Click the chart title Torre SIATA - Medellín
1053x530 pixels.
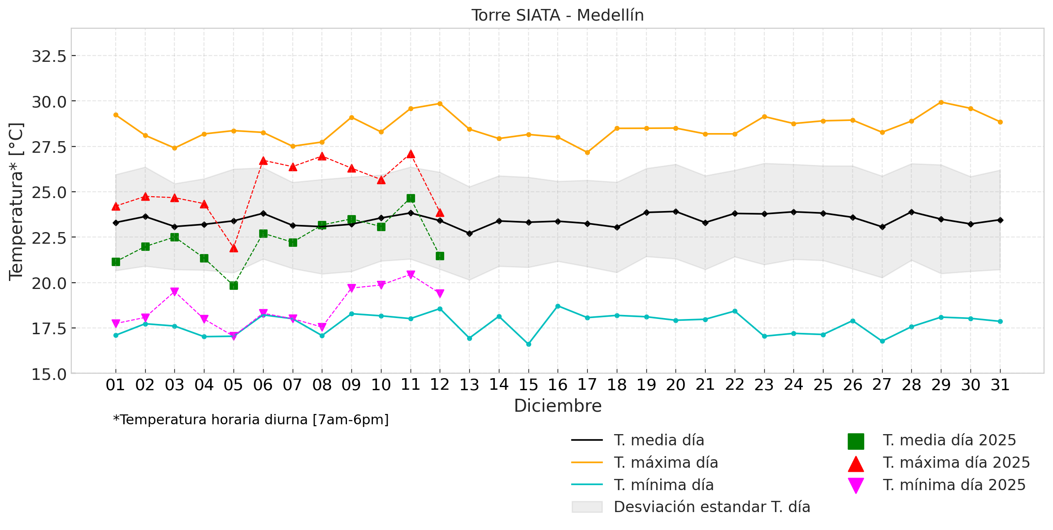(557, 15)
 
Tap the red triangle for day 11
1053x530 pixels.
(411, 154)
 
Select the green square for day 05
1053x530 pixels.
(234, 285)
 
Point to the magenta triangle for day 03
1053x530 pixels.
(175, 292)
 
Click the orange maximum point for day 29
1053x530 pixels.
(941, 102)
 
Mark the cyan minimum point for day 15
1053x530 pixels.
(529, 344)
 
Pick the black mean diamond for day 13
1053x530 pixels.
(469, 233)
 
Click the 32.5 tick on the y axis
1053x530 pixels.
(49, 56)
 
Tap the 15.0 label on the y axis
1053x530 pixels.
(49, 374)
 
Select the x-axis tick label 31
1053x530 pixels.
(1000, 385)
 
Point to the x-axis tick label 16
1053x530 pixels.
(558, 385)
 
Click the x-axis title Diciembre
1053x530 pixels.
(558, 406)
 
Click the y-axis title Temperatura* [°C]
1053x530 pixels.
(16, 201)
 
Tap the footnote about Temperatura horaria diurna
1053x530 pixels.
(251, 420)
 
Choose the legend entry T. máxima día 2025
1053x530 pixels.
(956, 462)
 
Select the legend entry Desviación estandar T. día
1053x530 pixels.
(711, 507)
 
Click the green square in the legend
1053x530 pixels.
(856, 441)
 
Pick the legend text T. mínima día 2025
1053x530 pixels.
(954, 485)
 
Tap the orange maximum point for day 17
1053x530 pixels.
(587, 152)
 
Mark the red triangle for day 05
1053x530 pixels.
(234, 248)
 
